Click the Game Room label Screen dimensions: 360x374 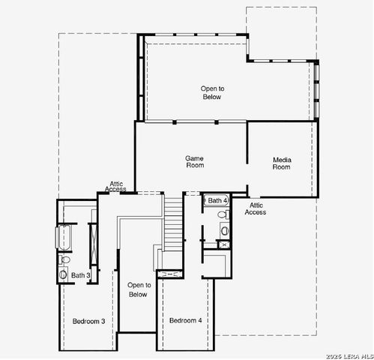195,162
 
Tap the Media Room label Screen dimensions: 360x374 281,163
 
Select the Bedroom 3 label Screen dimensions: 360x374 88,321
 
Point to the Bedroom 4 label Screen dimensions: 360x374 185,320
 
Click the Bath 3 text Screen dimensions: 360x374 81,275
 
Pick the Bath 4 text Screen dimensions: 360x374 217,200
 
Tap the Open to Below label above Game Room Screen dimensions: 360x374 212,93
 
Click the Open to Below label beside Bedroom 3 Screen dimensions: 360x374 138,289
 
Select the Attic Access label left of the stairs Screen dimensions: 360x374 117,187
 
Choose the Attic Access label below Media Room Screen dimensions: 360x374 256,208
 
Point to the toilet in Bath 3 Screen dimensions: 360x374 64,260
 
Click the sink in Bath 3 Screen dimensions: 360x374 63,274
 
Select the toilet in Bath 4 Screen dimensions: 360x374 223,214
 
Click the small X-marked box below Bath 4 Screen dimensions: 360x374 223,244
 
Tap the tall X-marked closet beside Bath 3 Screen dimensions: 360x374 92,242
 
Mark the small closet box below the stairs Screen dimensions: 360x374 172,275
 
